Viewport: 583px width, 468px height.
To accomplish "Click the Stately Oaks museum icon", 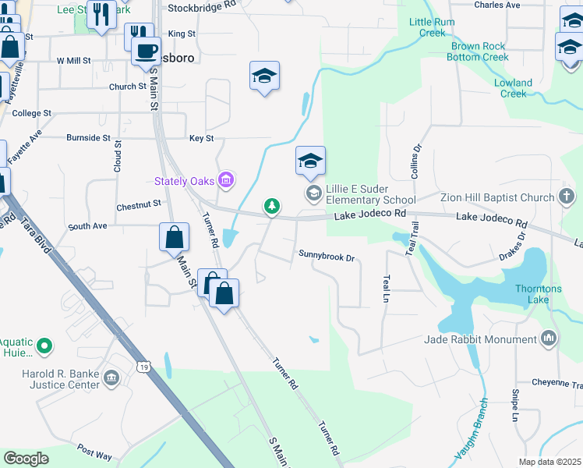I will tap(226, 181).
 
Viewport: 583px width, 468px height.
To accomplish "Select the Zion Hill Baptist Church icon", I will tap(567, 197).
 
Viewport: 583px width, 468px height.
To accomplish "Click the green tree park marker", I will tap(271, 206).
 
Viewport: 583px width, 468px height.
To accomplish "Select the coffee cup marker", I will tap(145, 51).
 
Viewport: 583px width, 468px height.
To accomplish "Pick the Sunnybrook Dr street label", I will tap(327, 255).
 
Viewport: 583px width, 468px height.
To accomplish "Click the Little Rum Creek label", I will tap(432, 28).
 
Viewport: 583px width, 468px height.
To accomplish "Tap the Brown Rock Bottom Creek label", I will tap(479, 51).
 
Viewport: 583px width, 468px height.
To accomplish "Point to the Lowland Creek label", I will tap(513, 88).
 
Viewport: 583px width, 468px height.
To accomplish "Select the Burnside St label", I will tap(88, 137).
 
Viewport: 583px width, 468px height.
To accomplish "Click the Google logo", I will tap(26, 459).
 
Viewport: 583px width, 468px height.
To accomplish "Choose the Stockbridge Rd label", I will tap(202, 4).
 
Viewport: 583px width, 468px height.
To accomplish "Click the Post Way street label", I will tap(94, 451).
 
